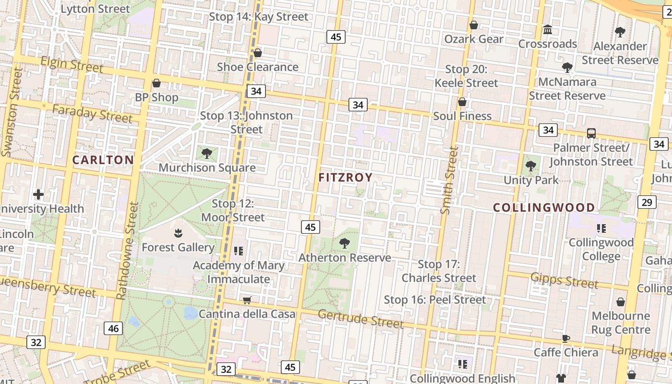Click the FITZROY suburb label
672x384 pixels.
(x=345, y=178)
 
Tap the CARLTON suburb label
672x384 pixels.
(x=103, y=160)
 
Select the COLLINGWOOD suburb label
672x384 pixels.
(x=544, y=207)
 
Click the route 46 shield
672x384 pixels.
(x=113, y=329)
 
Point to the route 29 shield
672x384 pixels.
(x=647, y=202)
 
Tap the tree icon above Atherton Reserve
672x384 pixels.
(x=344, y=243)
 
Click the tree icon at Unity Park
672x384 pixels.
(x=531, y=166)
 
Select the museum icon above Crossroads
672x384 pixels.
(x=548, y=30)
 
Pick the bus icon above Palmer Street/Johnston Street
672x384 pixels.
(x=591, y=133)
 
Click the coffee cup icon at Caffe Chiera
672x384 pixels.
(x=566, y=338)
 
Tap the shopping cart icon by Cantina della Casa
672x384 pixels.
(x=247, y=300)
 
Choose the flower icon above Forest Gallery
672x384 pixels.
(x=178, y=233)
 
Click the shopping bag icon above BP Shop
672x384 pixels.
(x=156, y=83)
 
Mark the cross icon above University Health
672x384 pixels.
(x=38, y=194)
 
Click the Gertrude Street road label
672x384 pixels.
(x=360, y=319)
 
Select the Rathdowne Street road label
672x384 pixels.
(x=127, y=251)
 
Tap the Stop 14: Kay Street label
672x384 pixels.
(x=258, y=17)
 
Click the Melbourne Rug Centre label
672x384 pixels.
(x=621, y=323)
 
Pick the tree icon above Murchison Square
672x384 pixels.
(x=207, y=154)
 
